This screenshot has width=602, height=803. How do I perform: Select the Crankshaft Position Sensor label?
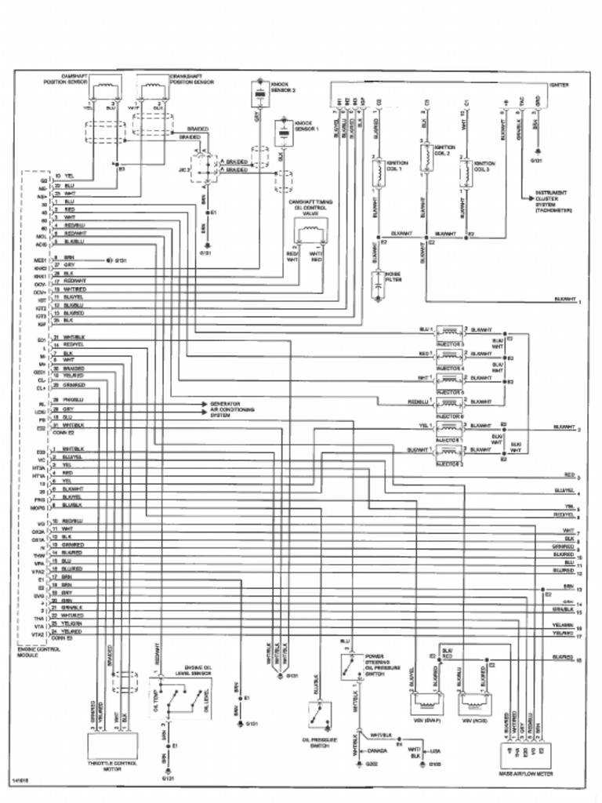coord(193,78)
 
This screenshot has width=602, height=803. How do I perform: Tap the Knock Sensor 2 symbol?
coord(256,95)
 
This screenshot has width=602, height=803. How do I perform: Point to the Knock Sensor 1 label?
coord(303,125)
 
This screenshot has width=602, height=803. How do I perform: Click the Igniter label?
coord(559,84)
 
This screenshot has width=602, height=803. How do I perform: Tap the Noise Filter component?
coord(378,287)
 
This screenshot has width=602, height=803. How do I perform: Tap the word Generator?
coord(224,404)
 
